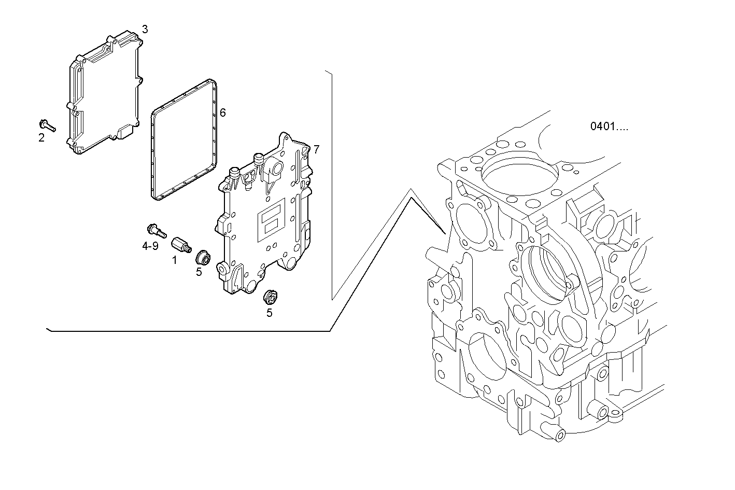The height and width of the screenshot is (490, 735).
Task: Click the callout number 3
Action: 145,30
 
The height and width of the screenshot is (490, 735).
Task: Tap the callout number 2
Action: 41,138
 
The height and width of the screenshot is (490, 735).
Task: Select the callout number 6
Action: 223,113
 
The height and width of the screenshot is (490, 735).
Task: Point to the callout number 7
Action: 316,150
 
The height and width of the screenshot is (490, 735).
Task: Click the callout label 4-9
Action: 150,246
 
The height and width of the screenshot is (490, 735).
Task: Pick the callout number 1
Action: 175,260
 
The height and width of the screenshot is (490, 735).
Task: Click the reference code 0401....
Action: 609,127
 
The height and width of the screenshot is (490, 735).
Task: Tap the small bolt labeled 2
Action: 47,125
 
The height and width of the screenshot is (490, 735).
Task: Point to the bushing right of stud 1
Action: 203,257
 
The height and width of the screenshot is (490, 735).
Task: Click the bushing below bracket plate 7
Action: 271,297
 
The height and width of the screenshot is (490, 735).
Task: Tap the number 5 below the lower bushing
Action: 270,313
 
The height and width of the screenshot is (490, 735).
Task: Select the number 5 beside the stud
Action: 199,272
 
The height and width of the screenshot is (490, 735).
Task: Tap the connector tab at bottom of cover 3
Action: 126,131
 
